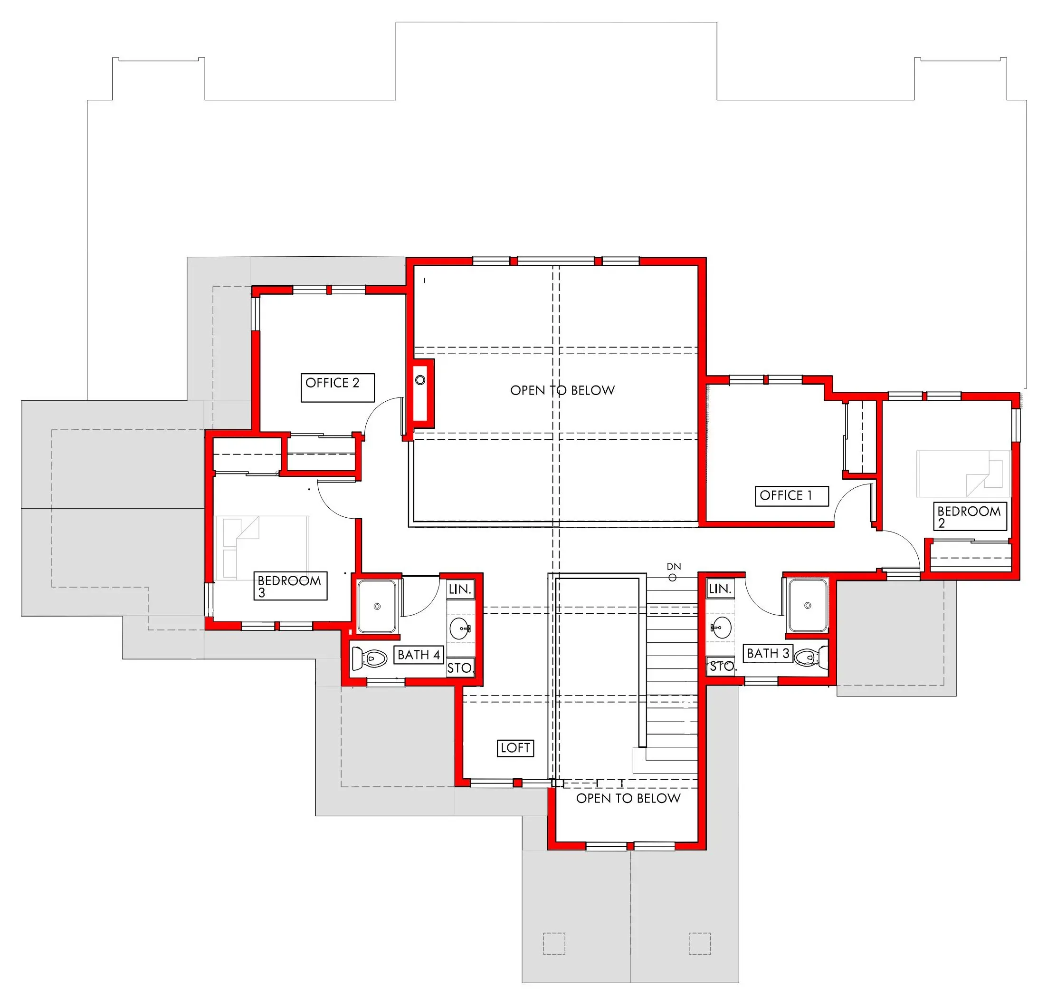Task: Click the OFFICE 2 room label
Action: tap(332, 383)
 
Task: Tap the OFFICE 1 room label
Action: tap(786, 495)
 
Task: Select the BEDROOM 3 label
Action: tap(289, 586)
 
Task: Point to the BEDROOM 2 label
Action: tap(969, 517)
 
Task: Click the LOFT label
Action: tap(515, 748)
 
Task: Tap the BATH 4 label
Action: tap(419, 655)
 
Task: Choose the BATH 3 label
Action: tap(768, 653)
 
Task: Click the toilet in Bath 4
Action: tap(370, 658)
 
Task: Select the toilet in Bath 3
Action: tap(811, 656)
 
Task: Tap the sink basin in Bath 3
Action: tap(721, 627)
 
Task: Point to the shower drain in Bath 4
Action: tap(377, 606)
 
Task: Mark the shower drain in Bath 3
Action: tap(808, 605)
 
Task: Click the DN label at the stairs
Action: tap(674, 567)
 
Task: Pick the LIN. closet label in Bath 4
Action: tap(460, 590)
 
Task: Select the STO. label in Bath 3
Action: tap(723, 667)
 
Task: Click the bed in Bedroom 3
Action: tap(262, 547)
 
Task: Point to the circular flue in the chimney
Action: tap(420, 380)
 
